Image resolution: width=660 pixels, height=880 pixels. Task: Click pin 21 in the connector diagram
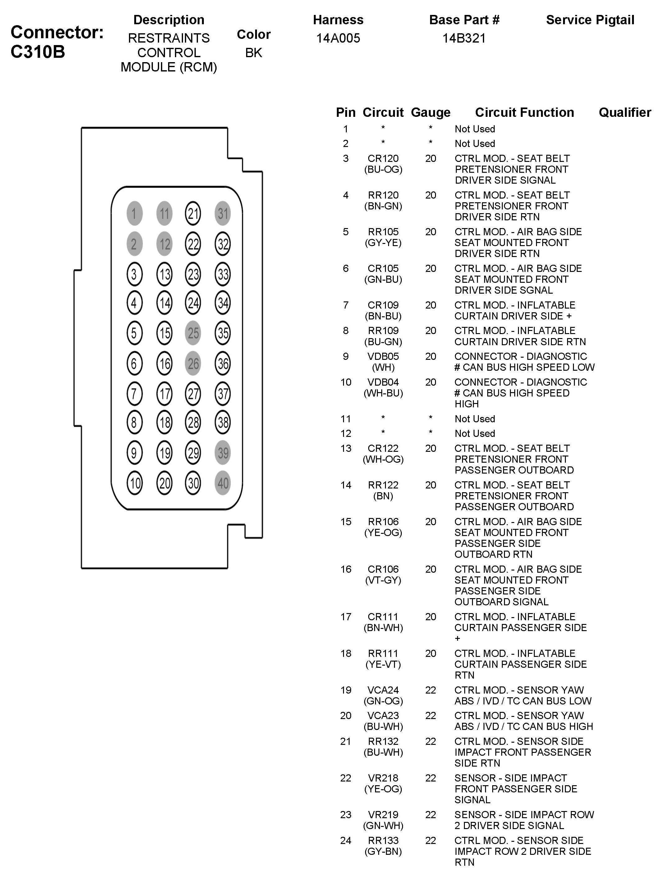[x=193, y=214]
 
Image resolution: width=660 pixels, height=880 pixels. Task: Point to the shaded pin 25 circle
[x=193, y=333]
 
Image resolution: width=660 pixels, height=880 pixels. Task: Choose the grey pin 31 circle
[x=223, y=214]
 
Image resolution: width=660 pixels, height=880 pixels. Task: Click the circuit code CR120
[x=383, y=158]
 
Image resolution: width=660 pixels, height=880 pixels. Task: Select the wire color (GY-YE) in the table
[x=383, y=243]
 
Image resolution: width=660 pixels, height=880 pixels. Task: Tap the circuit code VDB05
[x=383, y=356]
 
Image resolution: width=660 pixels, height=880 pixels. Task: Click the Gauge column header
[x=430, y=112]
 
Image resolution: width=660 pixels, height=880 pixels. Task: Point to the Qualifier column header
[x=625, y=112]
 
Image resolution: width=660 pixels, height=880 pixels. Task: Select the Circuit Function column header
[x=524, y=112]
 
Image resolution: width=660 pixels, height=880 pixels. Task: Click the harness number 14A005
[x=338, y=38]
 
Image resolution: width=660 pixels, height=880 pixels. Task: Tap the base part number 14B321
[x=464, y=38]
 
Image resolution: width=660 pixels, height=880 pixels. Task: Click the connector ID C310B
[x=38, y=52]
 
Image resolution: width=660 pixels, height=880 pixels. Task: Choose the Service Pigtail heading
[x=590, y=20]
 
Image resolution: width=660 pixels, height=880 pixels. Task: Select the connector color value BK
[x=254, y=53]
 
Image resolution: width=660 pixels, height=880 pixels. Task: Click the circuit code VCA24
[x=383, y=690]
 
